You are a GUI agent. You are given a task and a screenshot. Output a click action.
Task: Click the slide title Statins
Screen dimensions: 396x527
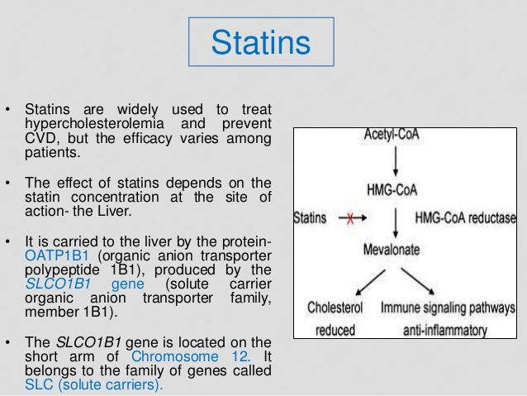[263, 43]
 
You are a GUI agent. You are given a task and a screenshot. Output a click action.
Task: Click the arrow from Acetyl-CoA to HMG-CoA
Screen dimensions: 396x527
[391, 162]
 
